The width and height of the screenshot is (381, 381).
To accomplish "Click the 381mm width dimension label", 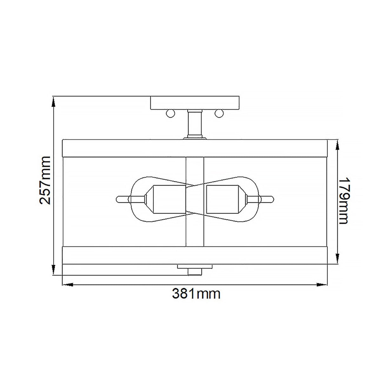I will click(x=196, y=294).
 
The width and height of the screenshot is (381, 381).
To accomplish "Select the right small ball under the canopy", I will click(x=219, y=113).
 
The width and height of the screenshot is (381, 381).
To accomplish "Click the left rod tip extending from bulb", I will click(x=118, y=200).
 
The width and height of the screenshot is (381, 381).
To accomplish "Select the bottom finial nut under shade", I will click(x=194, y=271).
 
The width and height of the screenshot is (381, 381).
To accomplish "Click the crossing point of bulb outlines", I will click(x=194, y=185).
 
